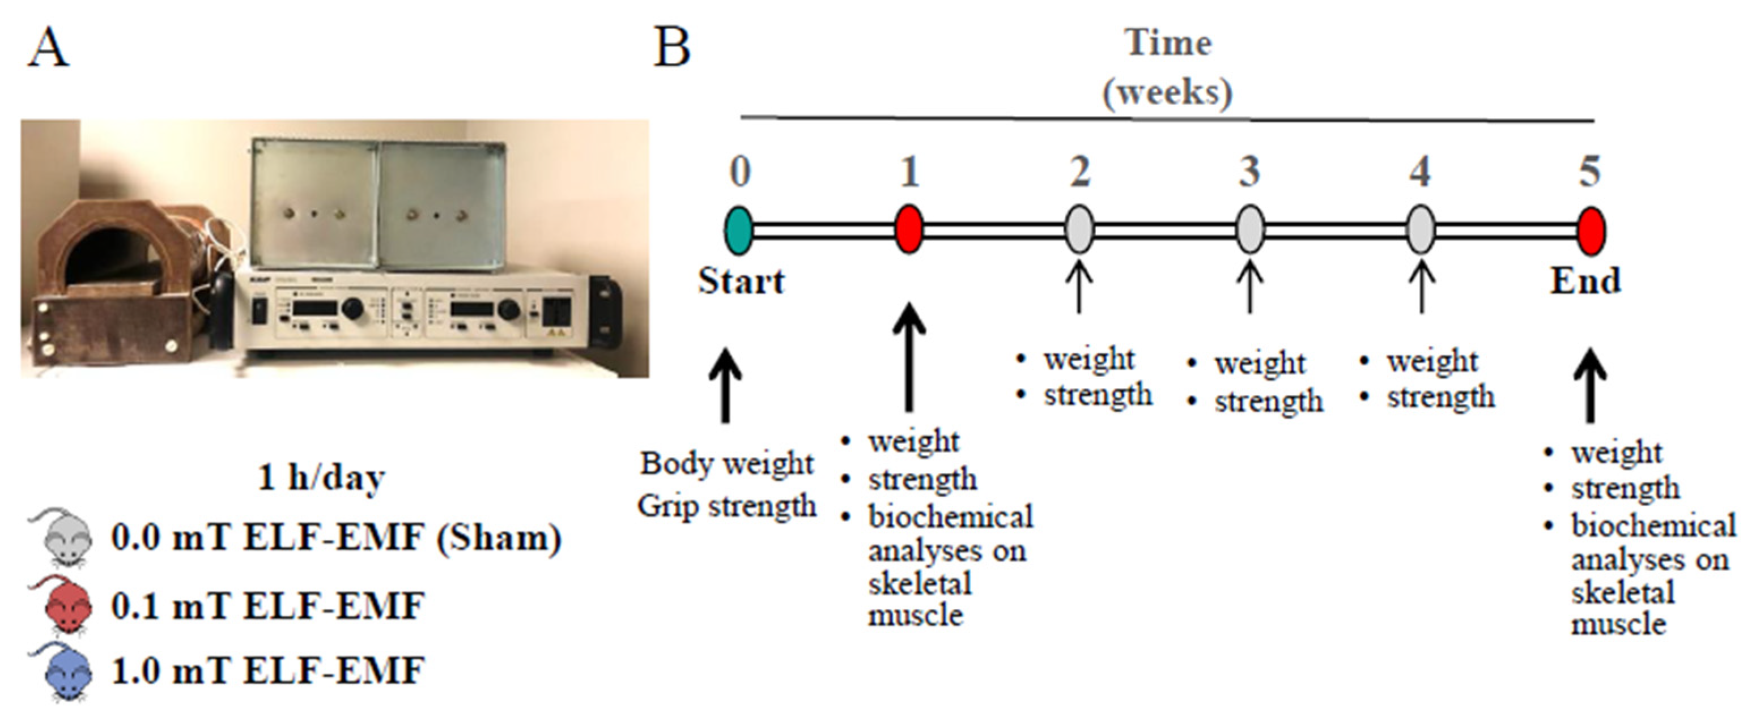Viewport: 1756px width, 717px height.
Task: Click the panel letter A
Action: [x=48, y=49]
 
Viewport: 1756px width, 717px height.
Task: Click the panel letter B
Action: [x=671, y=49]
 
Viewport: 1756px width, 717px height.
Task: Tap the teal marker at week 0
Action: [x=739, y=231]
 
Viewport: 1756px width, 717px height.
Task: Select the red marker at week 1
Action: [x=909, y=231]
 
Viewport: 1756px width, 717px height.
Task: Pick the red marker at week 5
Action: [x=1591, y=231]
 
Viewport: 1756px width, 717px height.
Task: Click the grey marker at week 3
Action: [x=1249, y=231]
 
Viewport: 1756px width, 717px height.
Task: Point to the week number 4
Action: [x=1420, y=172]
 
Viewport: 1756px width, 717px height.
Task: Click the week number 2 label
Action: [x=1079, y=172]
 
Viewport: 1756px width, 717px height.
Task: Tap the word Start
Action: [x=741, y=281]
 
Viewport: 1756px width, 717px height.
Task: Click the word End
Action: [x=1585, y=281]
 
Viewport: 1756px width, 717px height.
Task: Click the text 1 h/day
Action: [x=321, y=477]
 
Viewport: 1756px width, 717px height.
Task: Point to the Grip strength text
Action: [x=726, y=506]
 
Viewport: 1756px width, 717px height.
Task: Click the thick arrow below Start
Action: [x=726, y=385]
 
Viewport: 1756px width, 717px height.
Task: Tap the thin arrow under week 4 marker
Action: [x=1421, y=286]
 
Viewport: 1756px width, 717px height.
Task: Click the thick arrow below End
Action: [x=1591, y=385]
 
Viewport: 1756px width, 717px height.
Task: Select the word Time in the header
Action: [x=1168, y=43]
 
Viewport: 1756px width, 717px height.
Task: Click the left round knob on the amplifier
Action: [x=352, y=309]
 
